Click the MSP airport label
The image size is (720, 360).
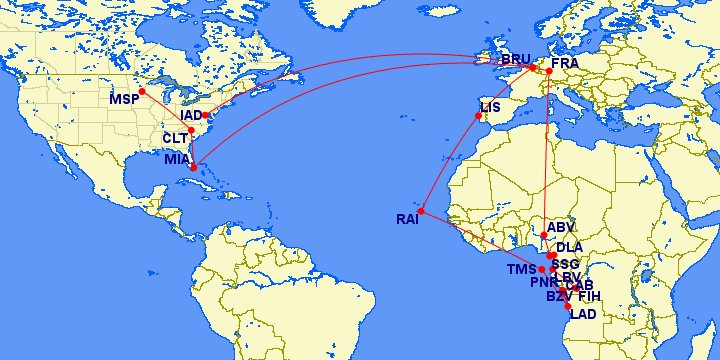coord(124,100)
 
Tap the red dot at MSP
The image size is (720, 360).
coord(142,91)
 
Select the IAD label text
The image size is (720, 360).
coord(191,116)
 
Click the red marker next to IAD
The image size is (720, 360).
coord(206,115)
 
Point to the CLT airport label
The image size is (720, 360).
coord(175,137)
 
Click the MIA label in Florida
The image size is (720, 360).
coord(177,159)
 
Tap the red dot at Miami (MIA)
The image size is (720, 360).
coord(193,167)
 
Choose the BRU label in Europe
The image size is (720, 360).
coord(516,59)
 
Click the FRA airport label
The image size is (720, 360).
coord(565,63)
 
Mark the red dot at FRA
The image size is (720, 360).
coord(549,71)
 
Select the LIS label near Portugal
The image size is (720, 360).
coord(490,107)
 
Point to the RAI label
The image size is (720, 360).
coord(407,219)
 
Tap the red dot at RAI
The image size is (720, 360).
coord(423,211)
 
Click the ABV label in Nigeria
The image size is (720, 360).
coord(561,227)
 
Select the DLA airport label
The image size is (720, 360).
coord(569,247)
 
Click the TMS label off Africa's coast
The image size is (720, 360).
coord(521,270)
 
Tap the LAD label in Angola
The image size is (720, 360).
coord(582,314)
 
